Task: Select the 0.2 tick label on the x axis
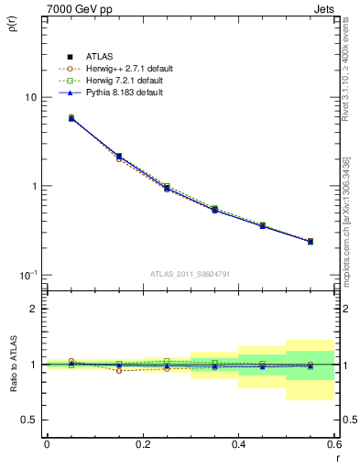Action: [142, 446]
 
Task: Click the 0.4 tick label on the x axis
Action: [238, 446]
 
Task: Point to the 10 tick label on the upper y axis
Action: [29, 97]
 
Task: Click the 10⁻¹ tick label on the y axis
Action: [27, 275]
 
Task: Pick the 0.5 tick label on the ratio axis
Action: [29, 420]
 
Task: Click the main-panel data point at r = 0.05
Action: [71, 118]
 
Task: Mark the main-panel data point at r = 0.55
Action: [311, 242]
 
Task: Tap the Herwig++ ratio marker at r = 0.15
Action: [119, 370]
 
